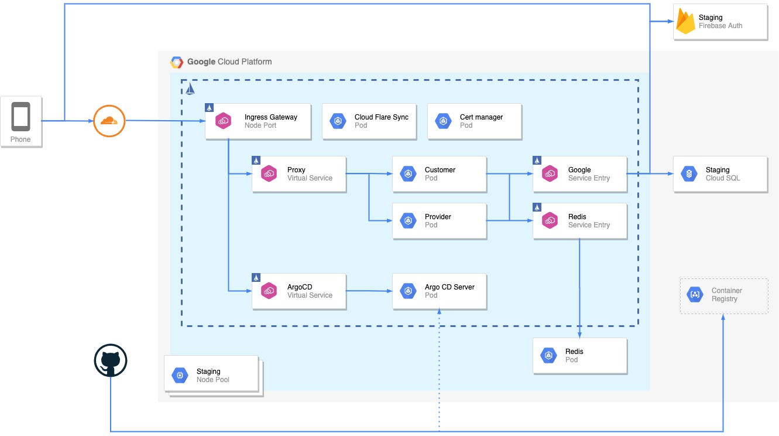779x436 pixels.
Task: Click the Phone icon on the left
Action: pyautogui.click(x=21, y=117)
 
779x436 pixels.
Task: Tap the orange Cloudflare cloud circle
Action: pyautogui.click(x=109, y=121)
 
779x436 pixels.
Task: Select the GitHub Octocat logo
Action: pyautogui.click(x=110, y=360)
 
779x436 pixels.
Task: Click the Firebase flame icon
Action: pyautogui.click(x=685, y=22)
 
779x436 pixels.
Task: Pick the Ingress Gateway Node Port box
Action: pyautogui.click(x=258, y=121)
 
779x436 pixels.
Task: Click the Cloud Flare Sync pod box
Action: pyautogui.click(x=369, y=121)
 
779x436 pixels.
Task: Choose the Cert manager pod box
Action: pyautogui.click(x=474, y=121)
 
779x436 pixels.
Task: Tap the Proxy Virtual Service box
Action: pyautogui.click(x=298, y=174)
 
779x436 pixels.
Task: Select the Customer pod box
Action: pyautogui.click(x=439, y=174)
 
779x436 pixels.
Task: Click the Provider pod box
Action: pyautogui.click(x=439, y=221)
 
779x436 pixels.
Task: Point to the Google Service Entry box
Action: pyautogui.click(x=579, y=174)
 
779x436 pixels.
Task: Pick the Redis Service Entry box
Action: pyautogui.click(x=579, y=221)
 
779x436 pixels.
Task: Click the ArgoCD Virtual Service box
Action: pyautogui.click(x=298, y=291)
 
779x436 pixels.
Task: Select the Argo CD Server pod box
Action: pyautogui.click(x=439, y=291)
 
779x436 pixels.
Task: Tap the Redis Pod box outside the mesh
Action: pyautogui.click(x=579, y=356)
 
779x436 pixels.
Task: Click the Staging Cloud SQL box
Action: pyautogui.click(x=720, y=174)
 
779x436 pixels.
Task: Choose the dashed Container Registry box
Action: pyautogui.click(x=723, y=295)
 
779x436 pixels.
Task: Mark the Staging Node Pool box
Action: pyautogui.click(x=211, y=375)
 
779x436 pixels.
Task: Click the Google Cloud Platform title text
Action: pyautogui.click(x=229, y=62)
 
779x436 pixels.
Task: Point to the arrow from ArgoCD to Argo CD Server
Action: pyautogui.click(x=369, y=291)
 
